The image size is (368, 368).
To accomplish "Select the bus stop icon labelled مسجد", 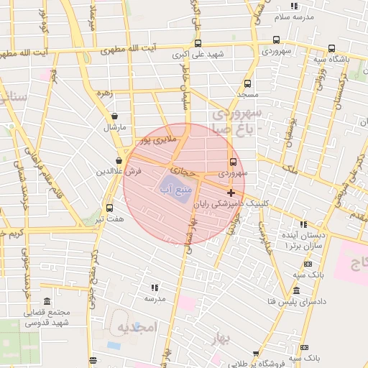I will point(248,83).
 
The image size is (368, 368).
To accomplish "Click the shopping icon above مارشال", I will point(114,116).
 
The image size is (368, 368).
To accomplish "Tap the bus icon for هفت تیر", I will point(109,208).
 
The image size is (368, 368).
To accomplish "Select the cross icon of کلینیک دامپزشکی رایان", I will point(231,193).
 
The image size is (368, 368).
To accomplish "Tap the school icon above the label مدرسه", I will point(155,287).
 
